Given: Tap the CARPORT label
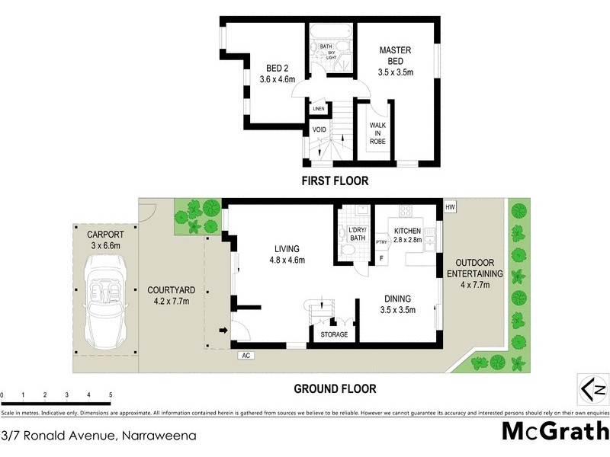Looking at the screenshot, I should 105,235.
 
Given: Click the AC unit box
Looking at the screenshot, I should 246,355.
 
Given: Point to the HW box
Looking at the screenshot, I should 450,207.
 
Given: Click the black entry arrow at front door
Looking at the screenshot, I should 223,331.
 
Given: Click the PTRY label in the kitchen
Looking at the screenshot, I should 381,244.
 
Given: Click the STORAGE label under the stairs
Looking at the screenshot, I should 333,335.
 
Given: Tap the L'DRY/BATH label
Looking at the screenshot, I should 356,233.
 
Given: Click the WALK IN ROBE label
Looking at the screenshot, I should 378,133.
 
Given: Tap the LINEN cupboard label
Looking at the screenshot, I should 319,109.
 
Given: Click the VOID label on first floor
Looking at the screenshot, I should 319,130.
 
